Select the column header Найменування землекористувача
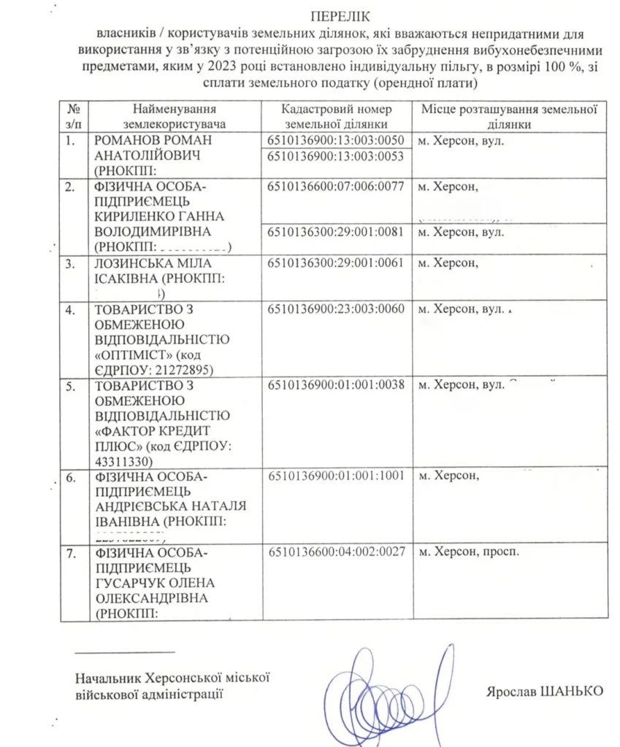pos(175,116)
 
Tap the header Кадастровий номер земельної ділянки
pos(336,116)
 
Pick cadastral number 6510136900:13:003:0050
pos(336,140)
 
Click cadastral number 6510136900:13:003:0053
pos(336,156)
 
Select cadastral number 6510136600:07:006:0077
pos(336,187)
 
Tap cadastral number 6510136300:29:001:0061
pos(336,263)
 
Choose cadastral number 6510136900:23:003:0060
pos(336,309)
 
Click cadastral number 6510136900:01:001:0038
pos(336,384)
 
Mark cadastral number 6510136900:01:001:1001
pos(336,476)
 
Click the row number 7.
pos(71,552)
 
